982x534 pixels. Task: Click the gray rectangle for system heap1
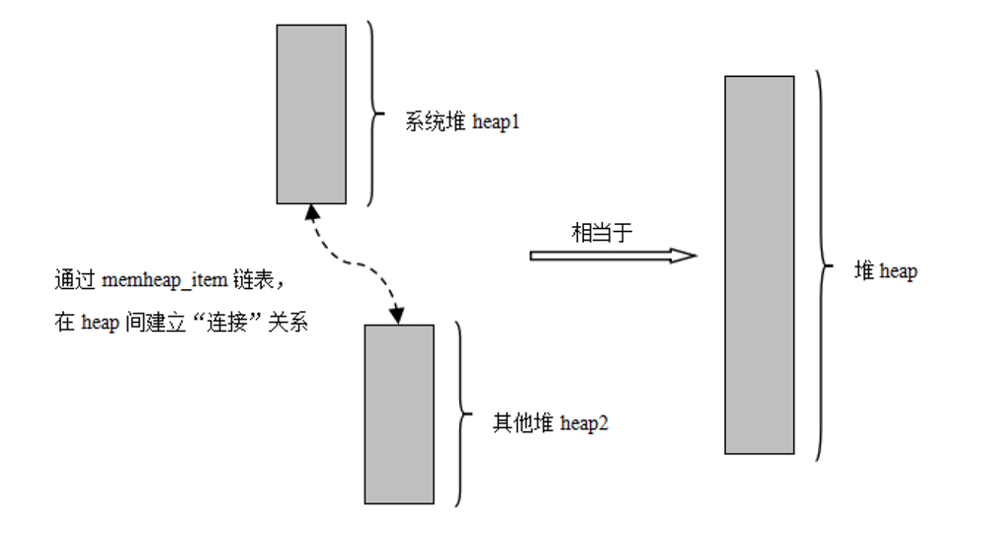[311, 114]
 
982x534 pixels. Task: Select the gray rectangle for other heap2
[398, 414]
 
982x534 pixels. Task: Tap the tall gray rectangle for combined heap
[759, 265]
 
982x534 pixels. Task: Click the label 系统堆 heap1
[462, 122]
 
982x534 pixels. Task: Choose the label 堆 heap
[885, 271]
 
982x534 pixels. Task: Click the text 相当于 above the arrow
[602, 232]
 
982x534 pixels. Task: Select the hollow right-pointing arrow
[613, 255]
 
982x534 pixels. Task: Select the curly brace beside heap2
[460, 414]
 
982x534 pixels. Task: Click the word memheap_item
[165, 281]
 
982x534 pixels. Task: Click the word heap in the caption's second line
[102, 323]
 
